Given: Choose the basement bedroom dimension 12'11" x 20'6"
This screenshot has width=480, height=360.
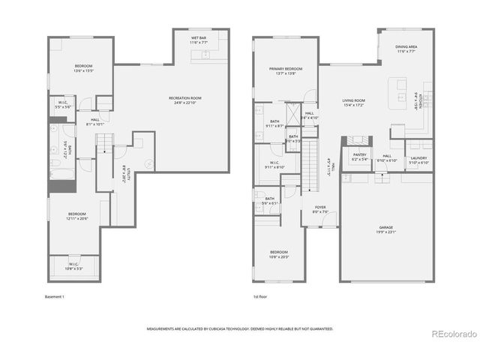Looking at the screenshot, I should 76,218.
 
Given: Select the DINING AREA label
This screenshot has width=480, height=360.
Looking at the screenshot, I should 406,49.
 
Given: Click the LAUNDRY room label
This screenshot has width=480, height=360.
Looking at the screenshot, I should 418,160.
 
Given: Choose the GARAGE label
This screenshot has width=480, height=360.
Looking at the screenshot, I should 385,229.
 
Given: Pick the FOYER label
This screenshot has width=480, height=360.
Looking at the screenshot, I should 320,209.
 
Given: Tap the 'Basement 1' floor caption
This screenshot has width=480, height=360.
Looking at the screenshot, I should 55,297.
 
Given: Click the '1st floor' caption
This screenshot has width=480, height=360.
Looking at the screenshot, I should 260,297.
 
